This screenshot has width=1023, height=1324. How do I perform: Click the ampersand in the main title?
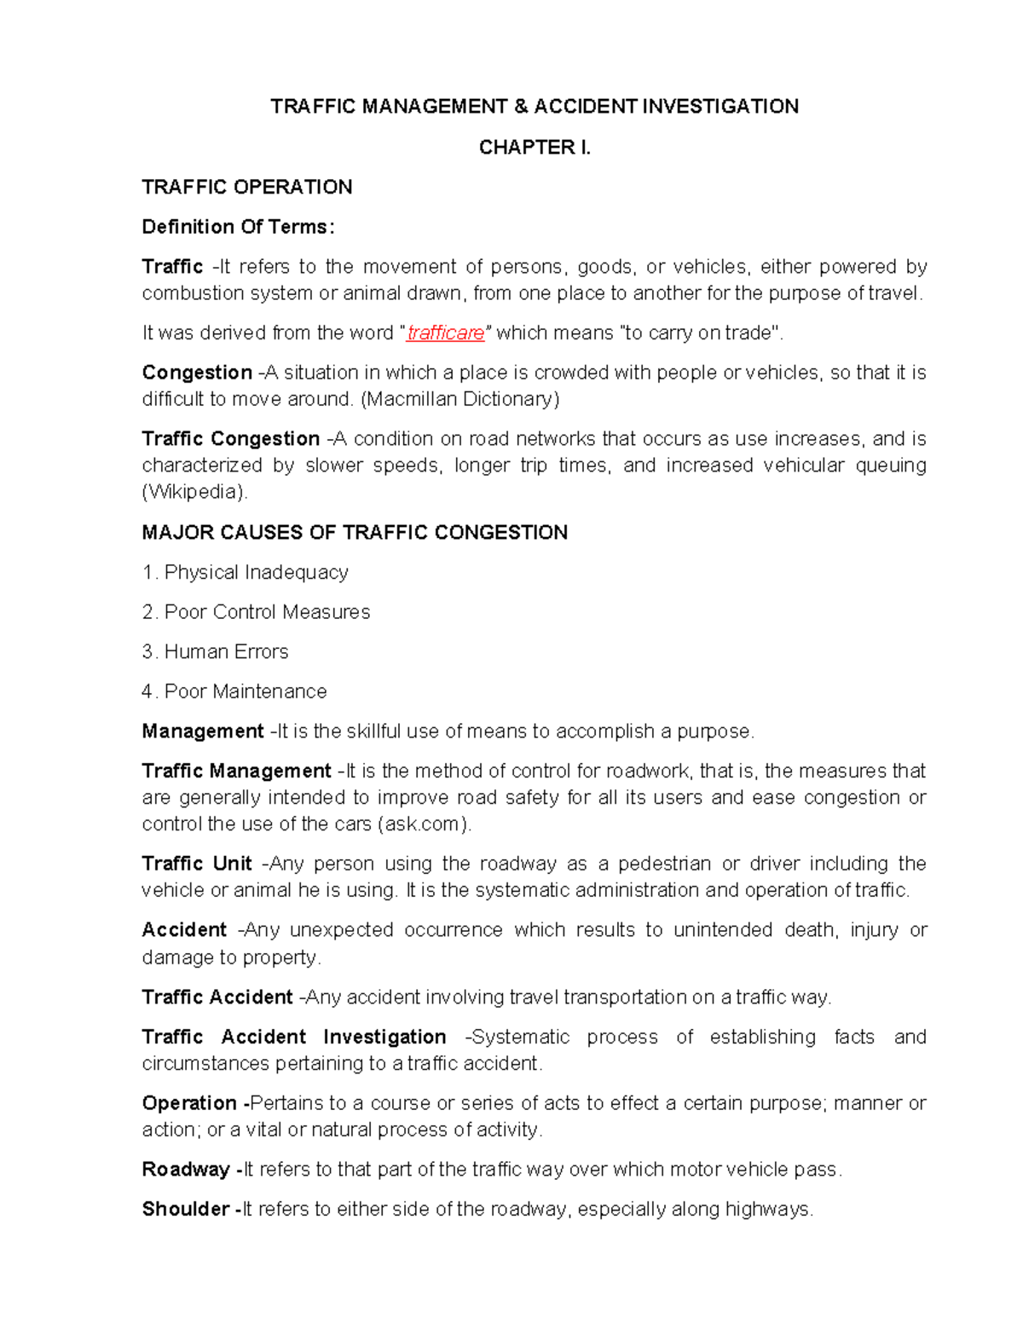coord(521,107)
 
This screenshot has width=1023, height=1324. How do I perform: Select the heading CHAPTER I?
coord(535,147)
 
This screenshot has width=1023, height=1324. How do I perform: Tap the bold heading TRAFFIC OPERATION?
coord(247,188)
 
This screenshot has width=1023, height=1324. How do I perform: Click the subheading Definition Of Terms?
coord(238,227)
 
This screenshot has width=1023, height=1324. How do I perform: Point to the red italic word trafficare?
coord(446,333)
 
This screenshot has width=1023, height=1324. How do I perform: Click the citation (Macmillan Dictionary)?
coord(460,399)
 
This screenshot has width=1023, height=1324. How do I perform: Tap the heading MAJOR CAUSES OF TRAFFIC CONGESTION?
coord(355,533)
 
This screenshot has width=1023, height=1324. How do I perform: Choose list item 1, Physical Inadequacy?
coord(246,573)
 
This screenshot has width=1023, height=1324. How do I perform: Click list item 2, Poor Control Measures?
coord(257,612)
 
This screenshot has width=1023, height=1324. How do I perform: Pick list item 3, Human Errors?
coord(216,652)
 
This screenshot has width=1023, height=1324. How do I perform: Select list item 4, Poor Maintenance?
coord(234,691)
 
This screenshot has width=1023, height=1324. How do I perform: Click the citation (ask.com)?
coord(424,824)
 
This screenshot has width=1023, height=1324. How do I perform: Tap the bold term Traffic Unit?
coord(197,864)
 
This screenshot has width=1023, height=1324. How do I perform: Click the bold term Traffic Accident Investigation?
coord(294,1038)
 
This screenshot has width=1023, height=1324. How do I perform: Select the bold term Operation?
coord(189,1103)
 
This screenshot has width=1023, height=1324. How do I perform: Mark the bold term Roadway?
coord(186,1170)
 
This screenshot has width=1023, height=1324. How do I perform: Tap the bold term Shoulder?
coord(186,1210)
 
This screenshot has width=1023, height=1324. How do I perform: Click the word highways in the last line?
coord(768,1210)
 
